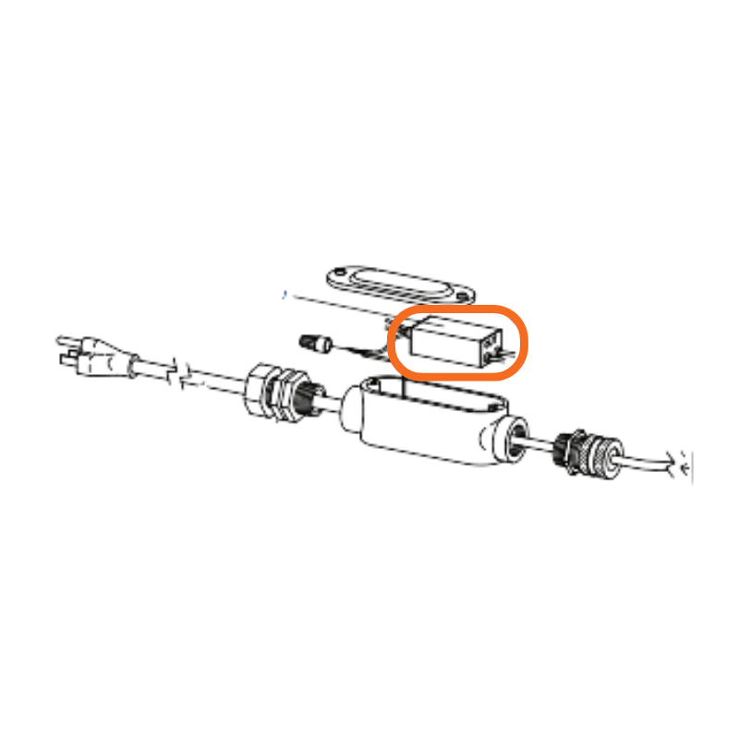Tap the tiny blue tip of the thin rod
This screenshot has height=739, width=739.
pos(285,296)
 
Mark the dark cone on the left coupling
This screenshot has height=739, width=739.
pos(305,398)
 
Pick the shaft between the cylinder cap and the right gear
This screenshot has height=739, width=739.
pos(545,447)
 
